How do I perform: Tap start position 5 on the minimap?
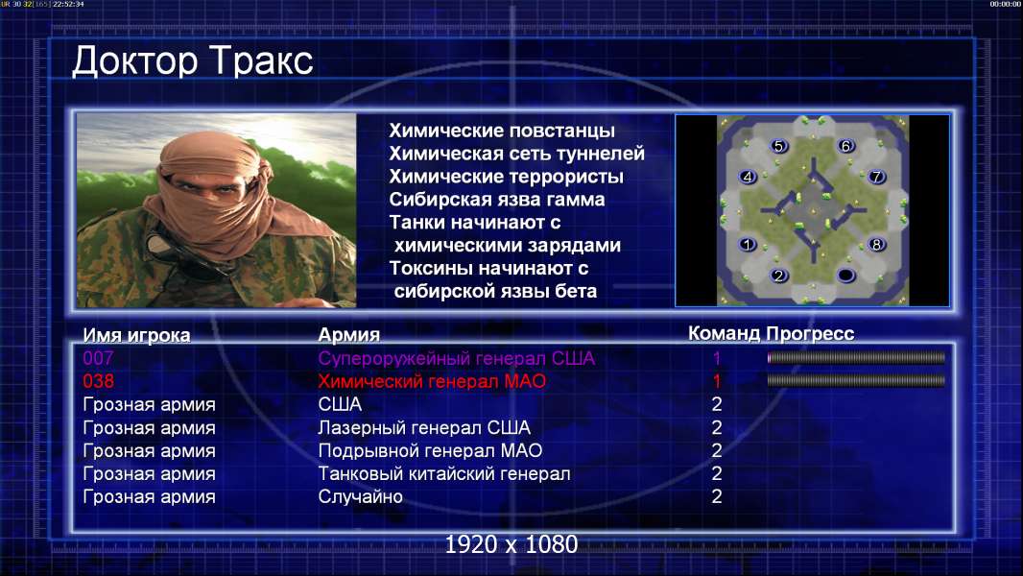(x=778, y=146)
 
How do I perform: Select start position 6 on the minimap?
(x=846, y=146)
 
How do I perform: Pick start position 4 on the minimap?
(x=748, y=176)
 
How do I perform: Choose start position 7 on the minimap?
(x=877, y=176)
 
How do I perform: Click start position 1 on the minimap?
(x=748, y=245)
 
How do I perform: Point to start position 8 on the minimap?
(x=877, y=245)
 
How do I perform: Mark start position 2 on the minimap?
(x=778, y=276)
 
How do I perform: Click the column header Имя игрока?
(x=136, y=335)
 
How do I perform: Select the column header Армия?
(x=349, y=335)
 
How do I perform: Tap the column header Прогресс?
(x=810, y=333)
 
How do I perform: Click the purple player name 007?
(x=98, y=358)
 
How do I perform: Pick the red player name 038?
(x=98, y=381)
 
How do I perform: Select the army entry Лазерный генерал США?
(x=424, y=428)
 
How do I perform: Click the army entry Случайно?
(x=360, y=497)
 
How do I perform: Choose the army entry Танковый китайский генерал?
(x=444, y=473)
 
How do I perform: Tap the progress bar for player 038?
(x=856, y=380)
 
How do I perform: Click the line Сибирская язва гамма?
(x=497, y=200)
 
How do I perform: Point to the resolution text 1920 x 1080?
(x=511, y=544)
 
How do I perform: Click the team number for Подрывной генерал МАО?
(x=716, y=451)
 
